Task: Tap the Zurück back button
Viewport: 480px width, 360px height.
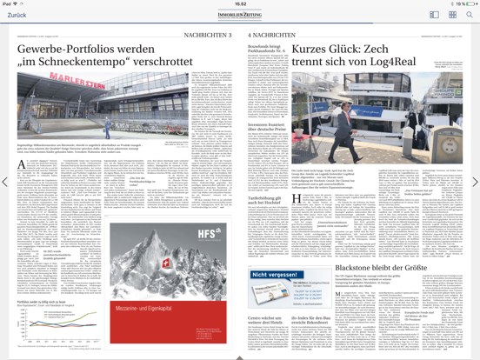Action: coord(17,15)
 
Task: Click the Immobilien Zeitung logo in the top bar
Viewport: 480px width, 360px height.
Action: coord(240,15)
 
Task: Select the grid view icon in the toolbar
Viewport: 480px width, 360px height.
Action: coord(452,15)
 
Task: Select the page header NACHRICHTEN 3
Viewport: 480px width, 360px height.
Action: coord(208,34)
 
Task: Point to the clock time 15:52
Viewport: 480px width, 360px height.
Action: coord(240,3)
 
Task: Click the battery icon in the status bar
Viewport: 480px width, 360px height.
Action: coord(470,3)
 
